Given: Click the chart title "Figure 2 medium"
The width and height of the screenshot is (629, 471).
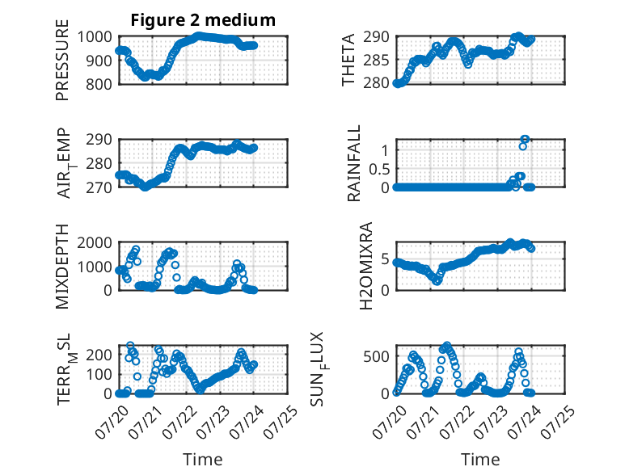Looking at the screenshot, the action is pos(203,20).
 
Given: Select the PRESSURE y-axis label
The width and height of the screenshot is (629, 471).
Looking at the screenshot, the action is pos(62,60).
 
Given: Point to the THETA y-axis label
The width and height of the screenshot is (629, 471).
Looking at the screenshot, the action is pos(348,60).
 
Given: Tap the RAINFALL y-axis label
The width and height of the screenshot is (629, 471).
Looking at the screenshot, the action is pos(354,163).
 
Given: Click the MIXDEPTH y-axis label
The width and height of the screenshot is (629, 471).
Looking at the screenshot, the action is pos(62,267).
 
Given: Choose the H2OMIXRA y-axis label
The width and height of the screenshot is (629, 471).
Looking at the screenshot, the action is pos(366,266).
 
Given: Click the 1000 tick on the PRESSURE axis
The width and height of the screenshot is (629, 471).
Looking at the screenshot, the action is pos(95,37).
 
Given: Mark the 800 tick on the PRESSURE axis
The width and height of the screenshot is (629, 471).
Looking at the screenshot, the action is pos(99,84).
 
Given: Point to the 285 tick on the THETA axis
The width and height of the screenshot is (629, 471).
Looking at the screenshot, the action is pos(376,61).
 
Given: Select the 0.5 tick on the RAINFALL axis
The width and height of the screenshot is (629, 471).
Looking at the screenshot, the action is pos(379,169).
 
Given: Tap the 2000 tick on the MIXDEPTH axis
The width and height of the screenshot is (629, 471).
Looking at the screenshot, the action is pos(95,243).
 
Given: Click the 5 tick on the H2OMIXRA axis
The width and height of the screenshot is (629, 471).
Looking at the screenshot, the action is pos(385,259).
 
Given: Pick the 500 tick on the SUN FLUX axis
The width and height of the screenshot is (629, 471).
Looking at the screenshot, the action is pos(376,356).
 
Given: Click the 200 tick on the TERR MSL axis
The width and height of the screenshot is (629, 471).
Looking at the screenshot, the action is pos(99,355).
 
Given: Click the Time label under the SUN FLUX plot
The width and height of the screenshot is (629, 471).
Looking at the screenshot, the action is pos(480,460).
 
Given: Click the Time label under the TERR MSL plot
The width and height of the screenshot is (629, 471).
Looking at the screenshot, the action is pos(203,460).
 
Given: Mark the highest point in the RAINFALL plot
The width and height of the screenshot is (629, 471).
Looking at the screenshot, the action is pos(525,139).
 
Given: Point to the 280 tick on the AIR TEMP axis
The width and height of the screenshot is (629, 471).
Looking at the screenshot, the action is pos(99,163).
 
